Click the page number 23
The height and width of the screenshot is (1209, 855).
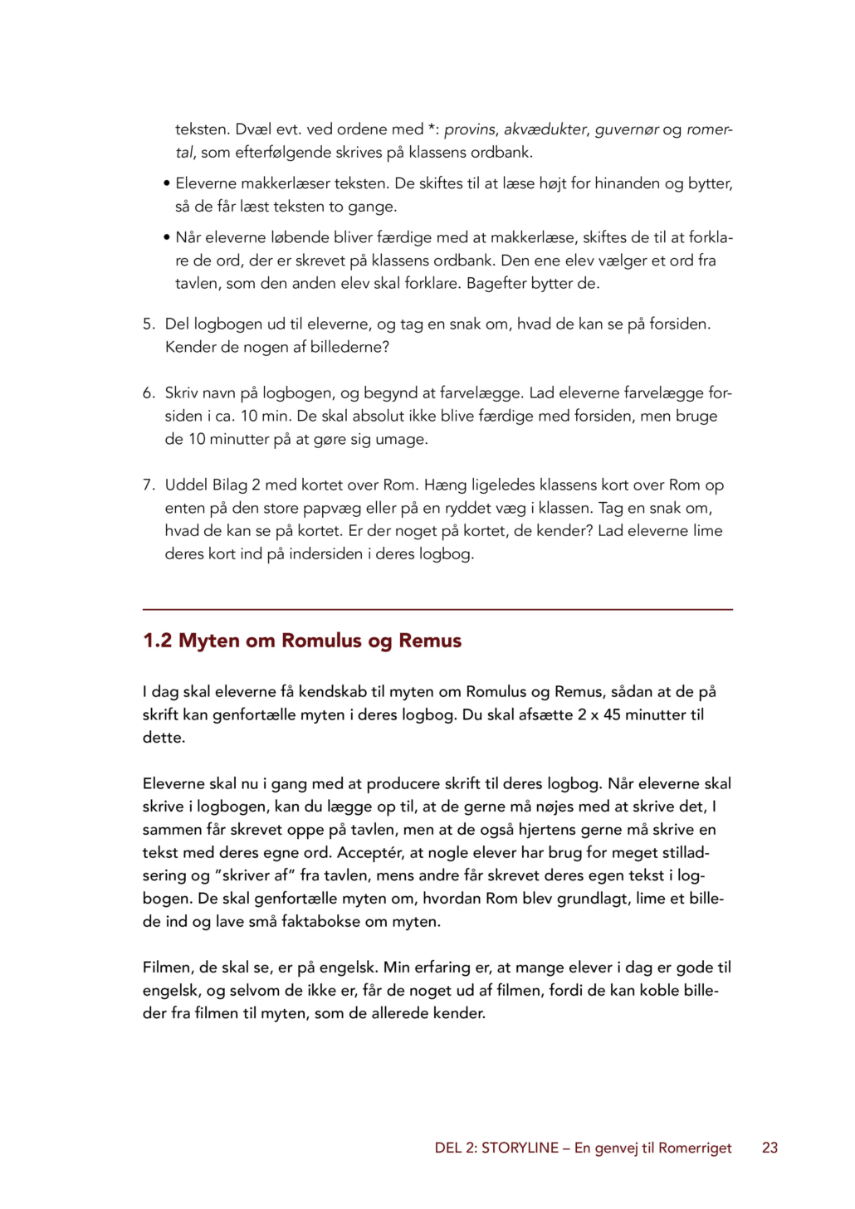769,1148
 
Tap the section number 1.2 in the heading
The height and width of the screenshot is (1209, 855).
157,641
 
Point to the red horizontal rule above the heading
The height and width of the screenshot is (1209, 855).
437,610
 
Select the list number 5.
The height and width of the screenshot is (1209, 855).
149,324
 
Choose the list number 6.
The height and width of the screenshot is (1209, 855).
149,392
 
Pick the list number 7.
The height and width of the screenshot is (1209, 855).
149,485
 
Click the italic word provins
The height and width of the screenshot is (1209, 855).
470,129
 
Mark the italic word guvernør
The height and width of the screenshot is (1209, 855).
627,129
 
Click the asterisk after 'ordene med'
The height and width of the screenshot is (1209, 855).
432,128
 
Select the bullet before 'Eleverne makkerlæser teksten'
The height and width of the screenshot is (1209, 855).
167,183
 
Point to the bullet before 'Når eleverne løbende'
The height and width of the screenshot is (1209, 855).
167,237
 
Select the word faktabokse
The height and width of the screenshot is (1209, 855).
321,921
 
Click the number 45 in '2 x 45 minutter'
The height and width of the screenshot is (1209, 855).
612,714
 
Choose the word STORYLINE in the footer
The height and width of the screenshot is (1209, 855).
520,1148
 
